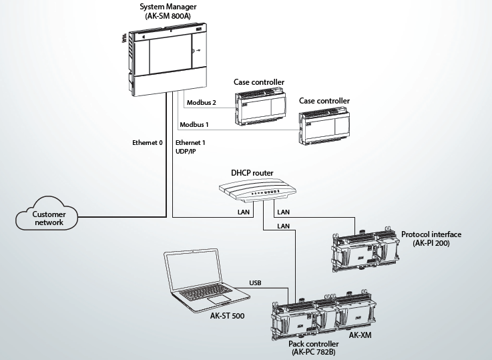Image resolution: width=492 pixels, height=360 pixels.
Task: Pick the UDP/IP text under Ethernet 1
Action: tap(186, 152)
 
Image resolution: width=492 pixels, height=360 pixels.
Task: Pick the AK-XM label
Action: tap(360, 335)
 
